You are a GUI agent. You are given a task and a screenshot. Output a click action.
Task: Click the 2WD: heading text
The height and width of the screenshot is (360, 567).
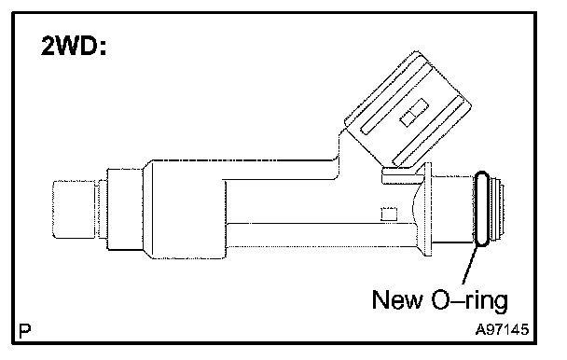74,46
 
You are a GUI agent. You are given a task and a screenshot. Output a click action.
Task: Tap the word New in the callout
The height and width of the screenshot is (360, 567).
397,299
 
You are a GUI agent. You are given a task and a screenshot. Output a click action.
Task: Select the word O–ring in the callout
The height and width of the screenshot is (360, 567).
470,300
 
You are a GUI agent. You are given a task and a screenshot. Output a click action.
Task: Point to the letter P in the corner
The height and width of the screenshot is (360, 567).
24,330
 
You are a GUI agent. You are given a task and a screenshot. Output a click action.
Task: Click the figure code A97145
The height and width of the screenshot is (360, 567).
502,329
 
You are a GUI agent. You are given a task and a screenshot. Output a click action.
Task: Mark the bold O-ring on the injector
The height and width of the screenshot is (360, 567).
481,209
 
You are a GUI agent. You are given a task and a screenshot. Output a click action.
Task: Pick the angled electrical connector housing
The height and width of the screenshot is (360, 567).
408,108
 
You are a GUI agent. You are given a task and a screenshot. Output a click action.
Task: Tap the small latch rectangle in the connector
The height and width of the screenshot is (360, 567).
414,113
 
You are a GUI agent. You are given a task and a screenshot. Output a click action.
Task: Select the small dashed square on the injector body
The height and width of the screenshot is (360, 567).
389,214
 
